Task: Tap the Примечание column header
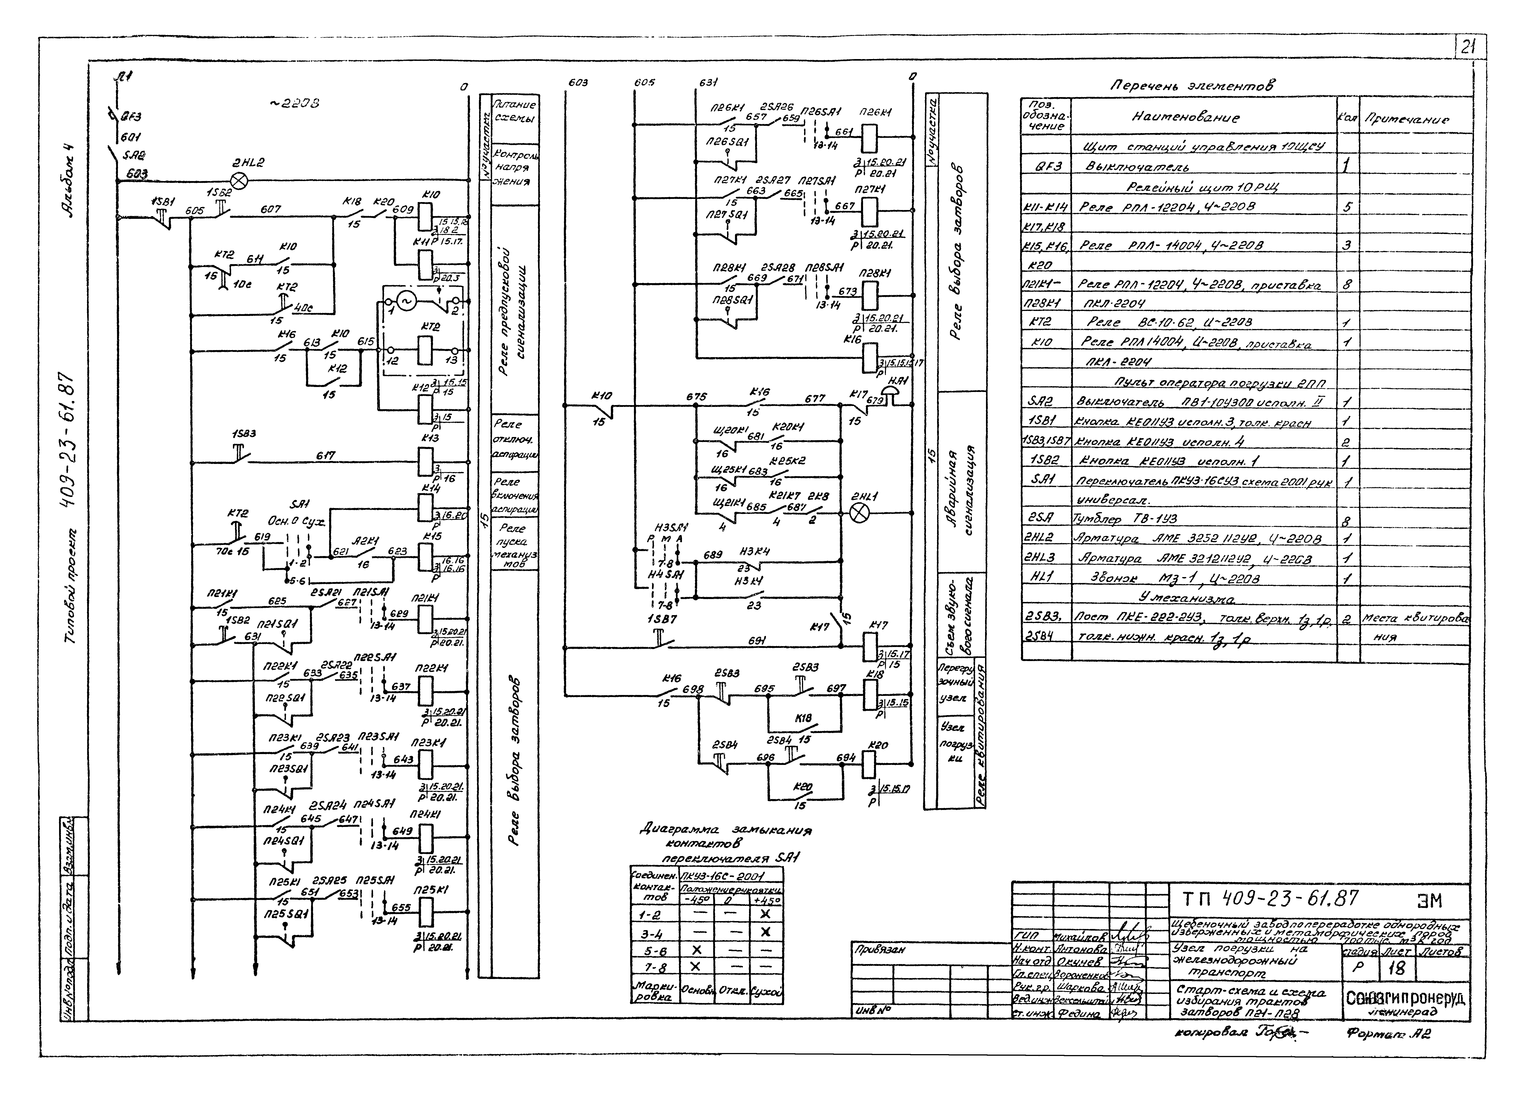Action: [1406, 119]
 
